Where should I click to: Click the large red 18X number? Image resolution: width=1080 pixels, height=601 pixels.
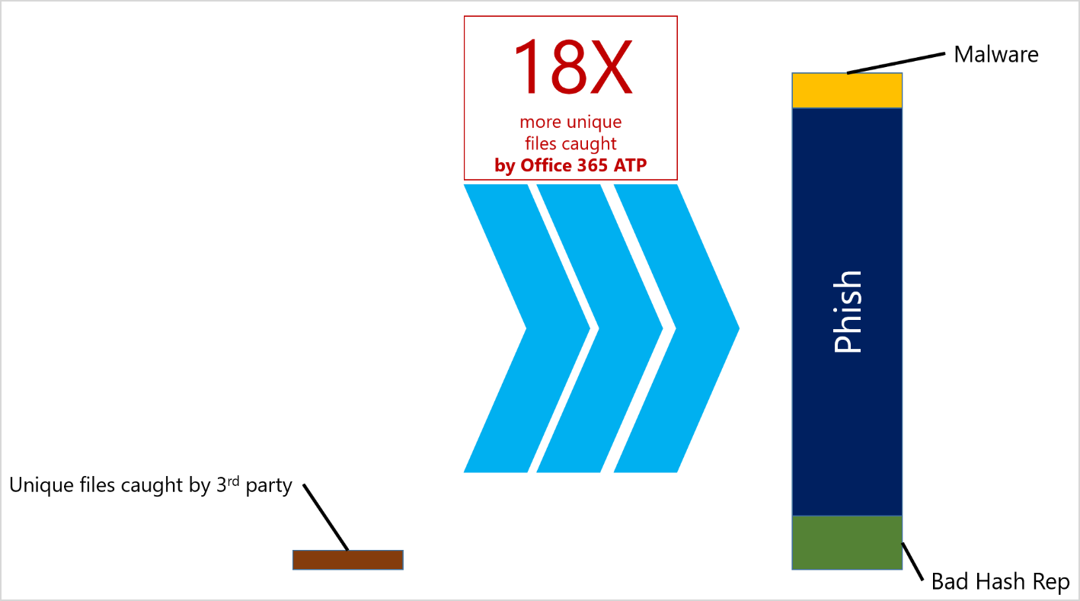tap(572, 67)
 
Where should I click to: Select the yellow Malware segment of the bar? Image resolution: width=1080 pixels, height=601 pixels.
tap(847, 91)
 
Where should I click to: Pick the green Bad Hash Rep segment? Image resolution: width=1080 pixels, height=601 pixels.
tap(847, 542)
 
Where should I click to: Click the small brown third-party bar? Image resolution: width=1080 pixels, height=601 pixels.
tap(347, 559)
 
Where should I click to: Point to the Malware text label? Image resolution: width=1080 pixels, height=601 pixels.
tap(996, 54)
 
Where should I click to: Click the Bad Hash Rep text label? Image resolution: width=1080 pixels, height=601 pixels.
tap(1000, 581)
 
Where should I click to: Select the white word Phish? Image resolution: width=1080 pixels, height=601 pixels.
tap(848, 312)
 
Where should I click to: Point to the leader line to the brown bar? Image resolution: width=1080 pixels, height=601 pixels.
tap(325, 516)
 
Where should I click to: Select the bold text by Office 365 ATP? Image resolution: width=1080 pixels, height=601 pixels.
tap(570, 165)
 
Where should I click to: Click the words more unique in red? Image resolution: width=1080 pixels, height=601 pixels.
tap(570, 121)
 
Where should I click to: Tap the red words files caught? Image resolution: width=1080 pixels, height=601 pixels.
tap(570, 142)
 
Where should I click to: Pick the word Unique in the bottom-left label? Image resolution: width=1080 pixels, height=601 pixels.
tap(35, 485)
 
